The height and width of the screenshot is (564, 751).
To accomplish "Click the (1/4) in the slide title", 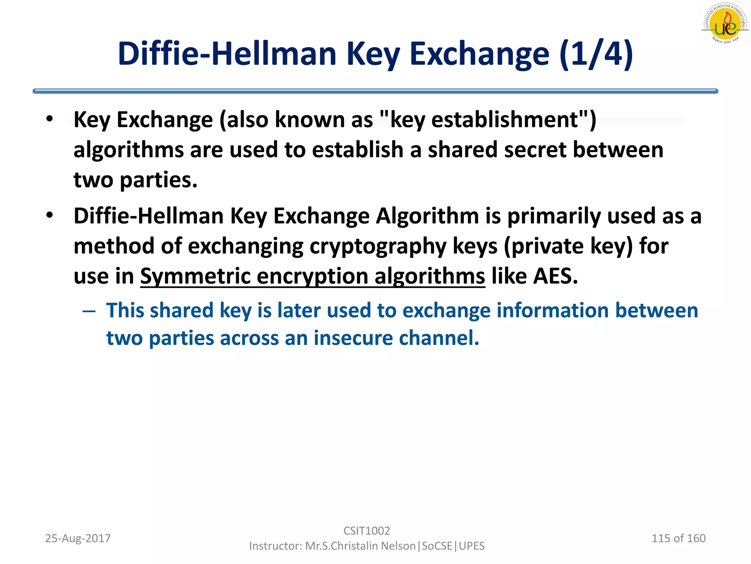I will click(x=596, y=54).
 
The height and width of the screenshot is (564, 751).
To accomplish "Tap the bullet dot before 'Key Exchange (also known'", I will click(x=50, y=119).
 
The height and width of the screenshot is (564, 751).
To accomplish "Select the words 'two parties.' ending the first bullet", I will click(x=135, y=180).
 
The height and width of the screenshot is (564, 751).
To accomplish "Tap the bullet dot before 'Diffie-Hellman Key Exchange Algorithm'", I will click(x=50, y=215).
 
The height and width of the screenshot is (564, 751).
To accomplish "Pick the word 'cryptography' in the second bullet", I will click(x=378, y=246).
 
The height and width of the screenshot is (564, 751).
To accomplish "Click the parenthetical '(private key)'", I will click(x=568, y=246).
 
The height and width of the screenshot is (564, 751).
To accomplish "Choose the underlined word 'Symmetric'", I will click(x=195, y=276).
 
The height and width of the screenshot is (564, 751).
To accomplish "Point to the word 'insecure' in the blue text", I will click(x=353, y=338).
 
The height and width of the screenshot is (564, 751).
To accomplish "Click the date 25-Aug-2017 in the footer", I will click(x=78, y=538).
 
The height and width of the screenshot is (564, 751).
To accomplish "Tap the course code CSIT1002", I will click(x=367, y=531).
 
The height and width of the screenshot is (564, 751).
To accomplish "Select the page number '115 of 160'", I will click(x=678, y=538).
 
